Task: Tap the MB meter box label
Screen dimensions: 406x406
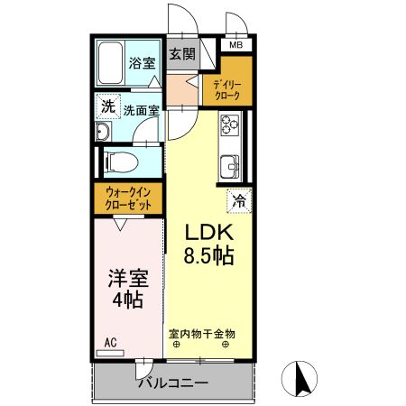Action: pos(235,45)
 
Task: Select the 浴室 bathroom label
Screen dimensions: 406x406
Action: pos(141,63)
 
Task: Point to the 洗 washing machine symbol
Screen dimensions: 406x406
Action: pos(108,106)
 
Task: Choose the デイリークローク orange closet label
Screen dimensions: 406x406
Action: pos(226,88)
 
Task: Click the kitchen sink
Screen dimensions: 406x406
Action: pos(229,165)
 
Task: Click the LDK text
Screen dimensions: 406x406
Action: pos(210,231)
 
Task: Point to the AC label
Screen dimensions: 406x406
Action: pos(110,342)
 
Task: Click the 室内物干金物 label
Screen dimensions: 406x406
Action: pos(201,333)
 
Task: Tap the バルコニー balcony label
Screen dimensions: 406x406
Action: pos(172,383)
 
